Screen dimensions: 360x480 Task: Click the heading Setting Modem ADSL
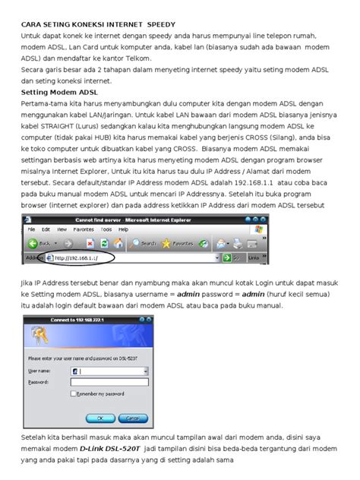(x=54, y=90)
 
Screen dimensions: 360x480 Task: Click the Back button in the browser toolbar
(x=41, y=244)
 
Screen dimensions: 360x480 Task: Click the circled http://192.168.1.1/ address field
(x=84, y=258)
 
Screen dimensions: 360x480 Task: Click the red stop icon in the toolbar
(x=90, y=244)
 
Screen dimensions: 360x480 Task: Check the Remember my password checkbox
(x=72, y=394)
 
